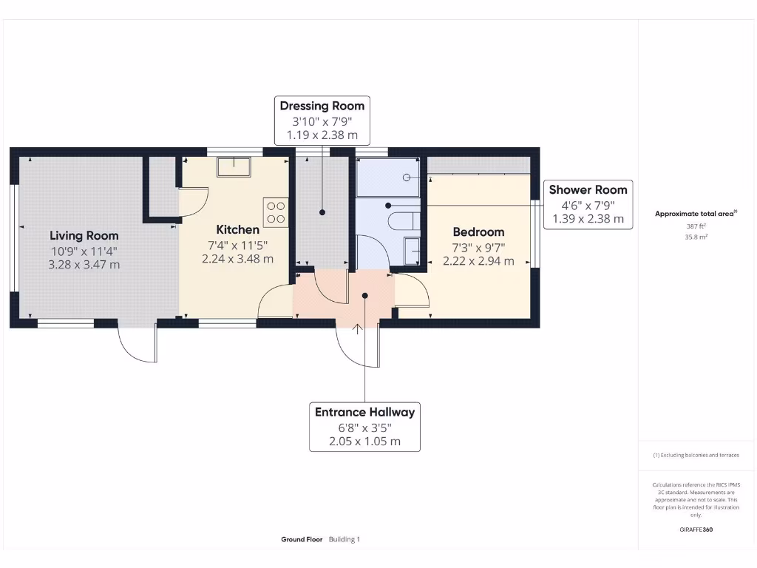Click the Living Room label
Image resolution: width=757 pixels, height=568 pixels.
pos(84,236)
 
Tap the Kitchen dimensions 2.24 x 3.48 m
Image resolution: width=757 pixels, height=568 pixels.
pos(237,259)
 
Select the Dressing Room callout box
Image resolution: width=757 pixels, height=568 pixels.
pos(322,121)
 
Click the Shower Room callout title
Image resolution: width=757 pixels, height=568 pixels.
pos(588,189)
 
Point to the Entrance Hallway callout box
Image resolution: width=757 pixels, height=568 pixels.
pos(364,427)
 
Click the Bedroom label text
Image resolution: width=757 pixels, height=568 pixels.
pos(478,231)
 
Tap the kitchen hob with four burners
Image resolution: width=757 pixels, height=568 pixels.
pos(276,213)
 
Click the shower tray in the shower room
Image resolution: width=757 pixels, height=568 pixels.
pos(387,177)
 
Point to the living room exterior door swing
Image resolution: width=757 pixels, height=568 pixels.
pos(138,345)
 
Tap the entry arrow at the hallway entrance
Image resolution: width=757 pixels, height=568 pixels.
pos(359,328)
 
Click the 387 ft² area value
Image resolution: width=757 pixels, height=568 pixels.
pos(696,226)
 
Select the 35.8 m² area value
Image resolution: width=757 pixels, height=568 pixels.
pos(696,237)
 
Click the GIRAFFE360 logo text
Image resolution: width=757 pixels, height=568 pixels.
pos(696,530)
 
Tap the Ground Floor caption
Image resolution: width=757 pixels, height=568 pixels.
pos(302,540)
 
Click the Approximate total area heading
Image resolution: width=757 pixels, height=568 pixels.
pos(696,214)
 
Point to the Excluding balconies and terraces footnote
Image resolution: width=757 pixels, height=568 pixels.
pos(696,456)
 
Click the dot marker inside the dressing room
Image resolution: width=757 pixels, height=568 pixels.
pos(322,213)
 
